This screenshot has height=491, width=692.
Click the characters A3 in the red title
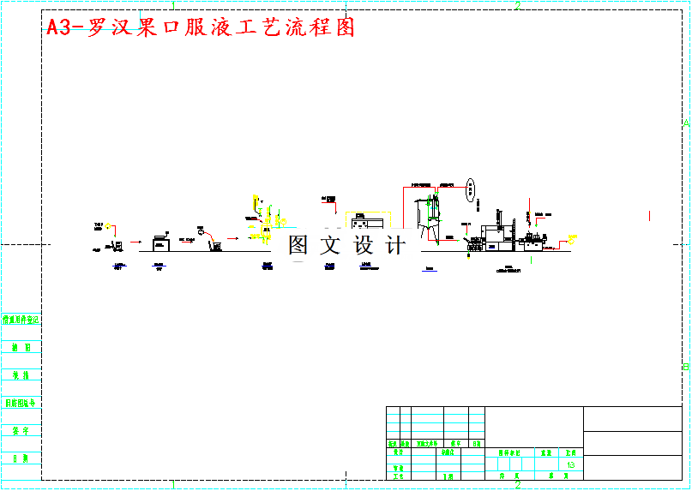(x=58, y=27)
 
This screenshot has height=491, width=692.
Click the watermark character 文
(x=330, y=245)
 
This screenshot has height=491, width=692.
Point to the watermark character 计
(x=395, y=245)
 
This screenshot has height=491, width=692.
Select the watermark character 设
(x=363, y=245)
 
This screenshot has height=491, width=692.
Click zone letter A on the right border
(x=685, y=123)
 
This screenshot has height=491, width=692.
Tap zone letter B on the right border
(x=685, y=367)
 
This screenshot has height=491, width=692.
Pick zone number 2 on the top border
(x=518, y=6)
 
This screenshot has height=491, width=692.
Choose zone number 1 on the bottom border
(x=174, y=485)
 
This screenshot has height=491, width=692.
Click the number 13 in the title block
(x=571, y=464)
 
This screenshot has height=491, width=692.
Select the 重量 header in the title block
(x=545, y=452)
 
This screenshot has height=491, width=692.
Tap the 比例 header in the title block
(x=570, y=452)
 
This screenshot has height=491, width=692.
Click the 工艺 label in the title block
(x=398, y=476)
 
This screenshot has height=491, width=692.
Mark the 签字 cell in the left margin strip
(x=21, y=431)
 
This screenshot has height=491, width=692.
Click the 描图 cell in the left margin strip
(x=21, y=348)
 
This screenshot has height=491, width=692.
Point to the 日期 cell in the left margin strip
(x=21, y=459)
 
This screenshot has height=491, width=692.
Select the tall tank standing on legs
(x=428, y=214)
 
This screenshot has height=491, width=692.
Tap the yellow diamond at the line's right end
(x=572, y=238)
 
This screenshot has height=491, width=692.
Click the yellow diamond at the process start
(x=108, y=228)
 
